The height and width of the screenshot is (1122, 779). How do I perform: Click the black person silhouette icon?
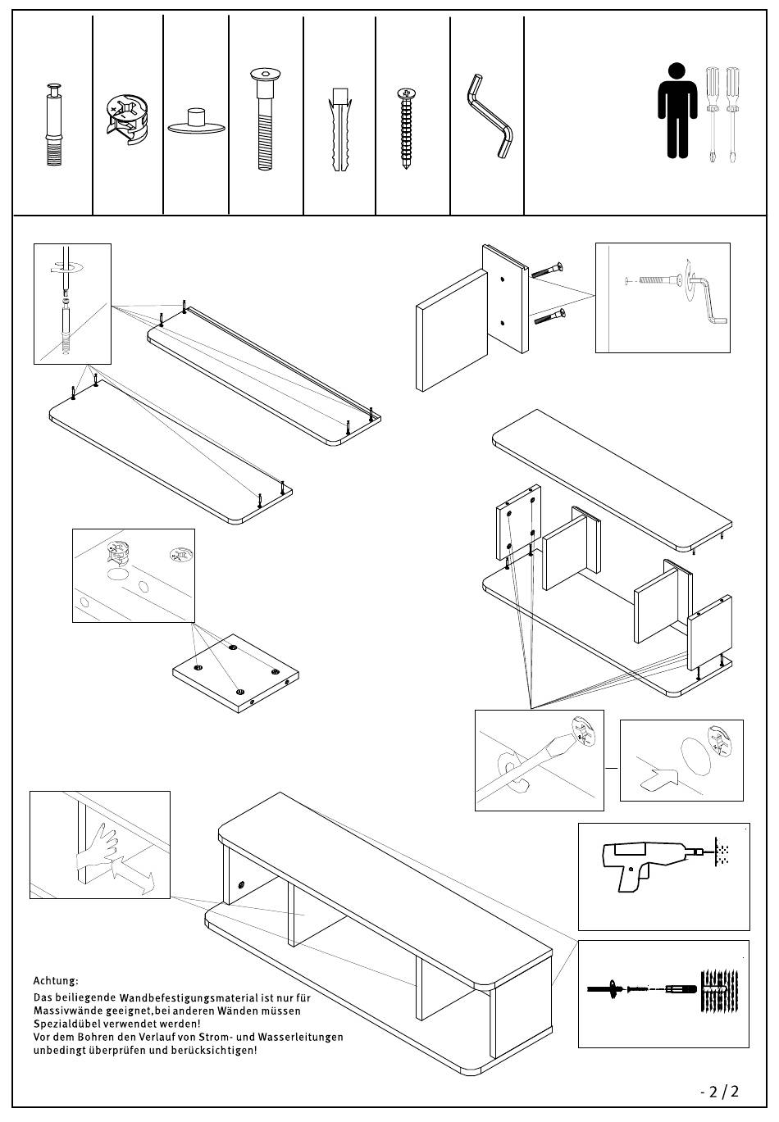click(x=676, y=110)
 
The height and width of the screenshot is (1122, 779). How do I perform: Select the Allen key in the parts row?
click(x=490, y=116)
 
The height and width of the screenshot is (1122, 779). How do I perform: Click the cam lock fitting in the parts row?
click(x=128, y=115)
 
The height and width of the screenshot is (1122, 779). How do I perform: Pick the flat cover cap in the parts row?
click(x=196, y=121)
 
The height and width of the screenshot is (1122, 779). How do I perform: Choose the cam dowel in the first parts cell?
click(x=54, y=124)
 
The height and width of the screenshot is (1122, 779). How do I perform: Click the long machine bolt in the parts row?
click(x=265, y=120)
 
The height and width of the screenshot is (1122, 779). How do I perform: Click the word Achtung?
click(x=56, y=981)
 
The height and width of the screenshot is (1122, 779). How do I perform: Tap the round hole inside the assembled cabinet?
click(x=241, y=885)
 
